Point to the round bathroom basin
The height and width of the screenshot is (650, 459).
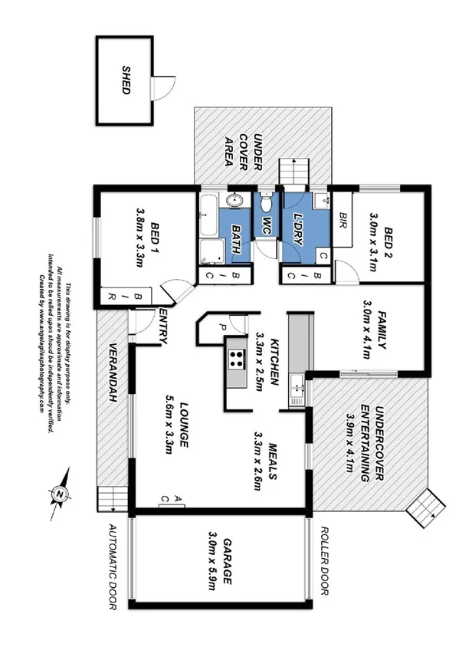pyautogui.click(x=235, y=202)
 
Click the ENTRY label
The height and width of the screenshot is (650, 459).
pyautogui.click(x=163, y=325)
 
